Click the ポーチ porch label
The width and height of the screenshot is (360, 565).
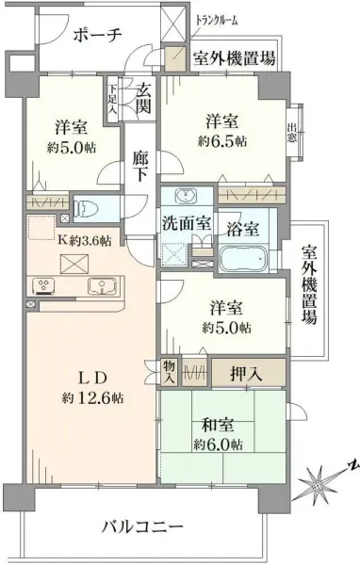[x=98, y=36]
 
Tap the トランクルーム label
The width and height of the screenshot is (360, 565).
[x=217, y=21]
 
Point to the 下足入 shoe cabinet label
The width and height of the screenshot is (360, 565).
[x=113, y=99]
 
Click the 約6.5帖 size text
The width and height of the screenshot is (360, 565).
[x=222, y=141]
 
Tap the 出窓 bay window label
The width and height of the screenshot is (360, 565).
[x=292, y=133]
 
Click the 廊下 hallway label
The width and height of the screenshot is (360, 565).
[x=140, y=167]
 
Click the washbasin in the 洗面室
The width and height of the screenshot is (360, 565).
[x=187, y=196]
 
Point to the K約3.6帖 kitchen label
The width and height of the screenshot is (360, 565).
[x=85, y=241]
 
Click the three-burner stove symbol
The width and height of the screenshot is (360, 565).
[x=43, y=285]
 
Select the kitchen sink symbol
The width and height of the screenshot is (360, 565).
[x=102, y=286]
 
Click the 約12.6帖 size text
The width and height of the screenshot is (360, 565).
[x=92, y=397]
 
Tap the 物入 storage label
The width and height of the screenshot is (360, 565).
[x=169, y=372]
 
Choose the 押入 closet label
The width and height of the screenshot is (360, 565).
[x=246, y=375]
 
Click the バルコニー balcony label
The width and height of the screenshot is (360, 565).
[x=143, y=528]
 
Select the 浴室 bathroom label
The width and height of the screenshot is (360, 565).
[x=243, y=228]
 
